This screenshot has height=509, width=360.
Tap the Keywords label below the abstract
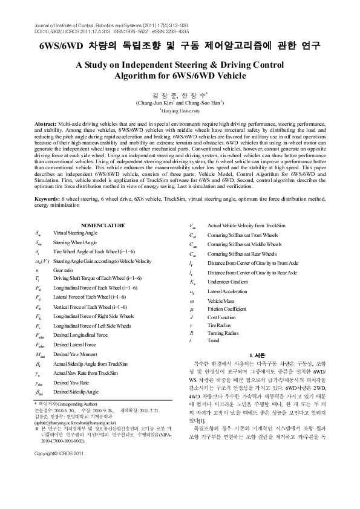[47, 198]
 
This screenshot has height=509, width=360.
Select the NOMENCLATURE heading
[103, 225]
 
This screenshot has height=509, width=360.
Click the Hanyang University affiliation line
[180, 111]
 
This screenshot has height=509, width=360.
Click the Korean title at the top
[180, 46]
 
